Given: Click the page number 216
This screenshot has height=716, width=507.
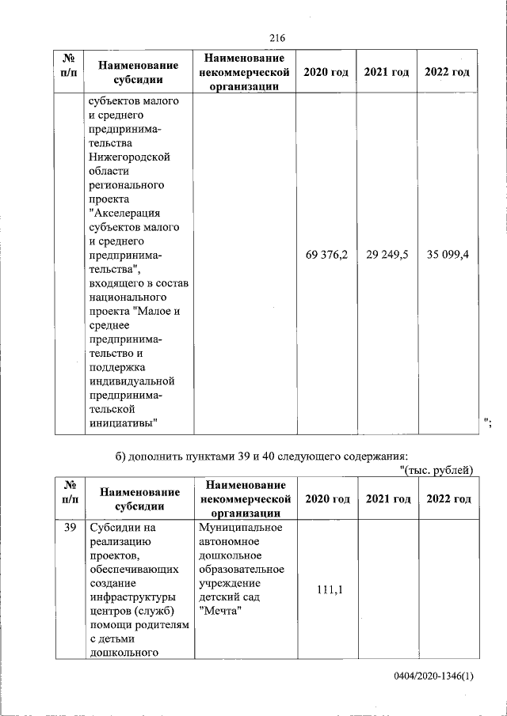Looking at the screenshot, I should coord(276,38).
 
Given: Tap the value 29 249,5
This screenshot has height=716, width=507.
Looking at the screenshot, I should coord(387,255).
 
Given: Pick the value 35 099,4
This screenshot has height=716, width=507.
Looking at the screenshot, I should coord(448,255).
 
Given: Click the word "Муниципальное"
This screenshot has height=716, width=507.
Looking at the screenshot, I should coord(237,528).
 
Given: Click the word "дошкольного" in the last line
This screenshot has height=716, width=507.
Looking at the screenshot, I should coord(123,653).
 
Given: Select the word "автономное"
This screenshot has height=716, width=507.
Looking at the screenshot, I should coord(231,542).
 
